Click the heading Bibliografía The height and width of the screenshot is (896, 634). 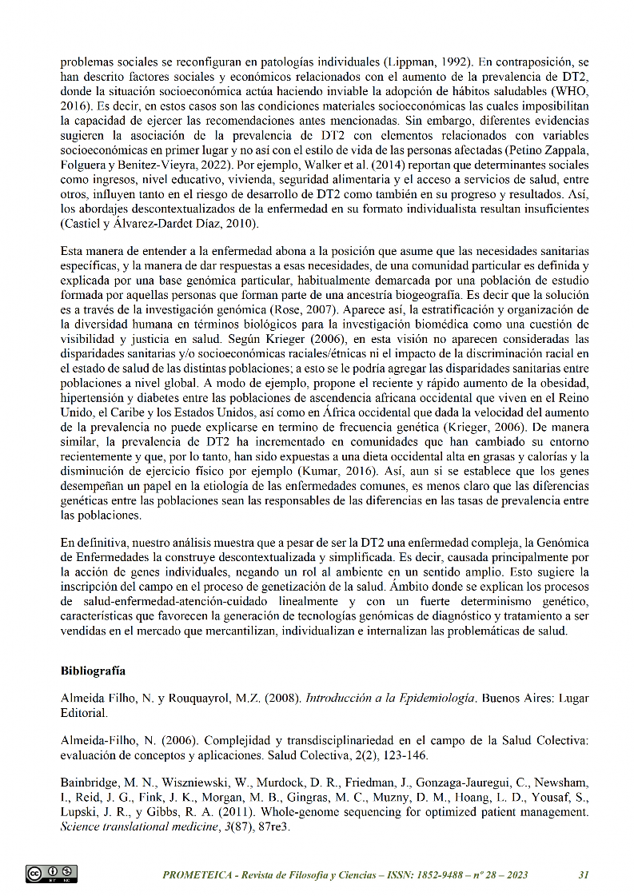pos(93,670)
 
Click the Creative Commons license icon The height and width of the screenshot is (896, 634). pos(51,874)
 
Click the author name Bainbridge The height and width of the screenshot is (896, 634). pos(91,783)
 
